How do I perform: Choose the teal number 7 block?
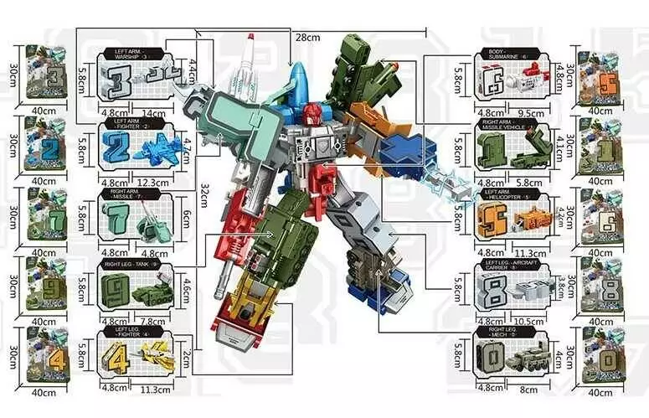coord(114,219)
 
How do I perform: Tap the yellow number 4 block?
coord(114,353)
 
